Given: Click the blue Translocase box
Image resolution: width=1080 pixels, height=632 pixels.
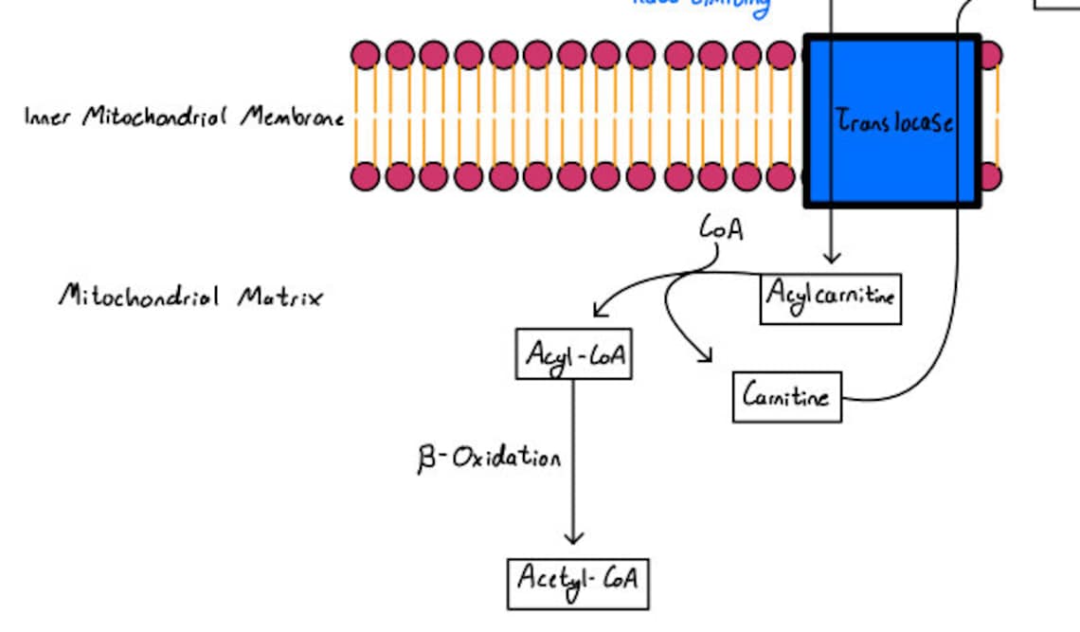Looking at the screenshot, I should point(891,120).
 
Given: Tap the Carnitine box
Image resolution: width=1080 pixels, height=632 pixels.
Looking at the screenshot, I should point(786,396).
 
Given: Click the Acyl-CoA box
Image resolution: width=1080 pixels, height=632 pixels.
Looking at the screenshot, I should point(573,354).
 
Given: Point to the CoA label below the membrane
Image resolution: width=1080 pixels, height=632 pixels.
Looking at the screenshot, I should point(721,227).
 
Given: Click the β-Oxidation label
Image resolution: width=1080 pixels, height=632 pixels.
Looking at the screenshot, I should point(489,459).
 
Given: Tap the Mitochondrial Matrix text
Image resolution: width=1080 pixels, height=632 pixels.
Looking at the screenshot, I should point(190,297).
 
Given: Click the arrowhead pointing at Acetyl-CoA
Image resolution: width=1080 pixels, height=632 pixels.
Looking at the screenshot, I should point(573,537).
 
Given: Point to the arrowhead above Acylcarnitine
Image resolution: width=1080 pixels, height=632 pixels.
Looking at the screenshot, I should point(831,257).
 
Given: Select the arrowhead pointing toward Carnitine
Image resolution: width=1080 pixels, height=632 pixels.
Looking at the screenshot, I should point(704,356).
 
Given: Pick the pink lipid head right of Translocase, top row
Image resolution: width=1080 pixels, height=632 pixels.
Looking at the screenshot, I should point(990,55).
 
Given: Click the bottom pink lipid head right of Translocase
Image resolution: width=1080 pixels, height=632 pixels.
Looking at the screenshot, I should point(990,176).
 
